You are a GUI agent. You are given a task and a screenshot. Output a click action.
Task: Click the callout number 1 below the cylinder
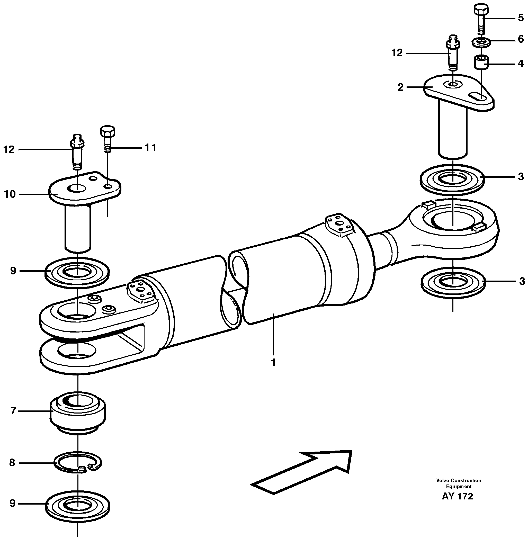[x=273, y=362]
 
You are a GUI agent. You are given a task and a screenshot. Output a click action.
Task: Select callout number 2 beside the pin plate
[x=400, y=87]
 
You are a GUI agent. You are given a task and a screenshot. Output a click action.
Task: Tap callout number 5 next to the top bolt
[x=521, y=18]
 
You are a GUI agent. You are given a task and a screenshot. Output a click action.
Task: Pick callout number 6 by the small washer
[x=521, y=39]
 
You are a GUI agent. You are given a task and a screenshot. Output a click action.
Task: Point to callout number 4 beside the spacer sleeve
[x=521, y=64]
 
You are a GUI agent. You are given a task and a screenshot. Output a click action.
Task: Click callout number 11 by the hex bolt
[x=150, y=148]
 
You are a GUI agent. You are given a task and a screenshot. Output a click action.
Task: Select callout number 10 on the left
[x=10, y=194]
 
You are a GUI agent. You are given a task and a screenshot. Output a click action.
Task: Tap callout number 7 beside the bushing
[x=13, y=410]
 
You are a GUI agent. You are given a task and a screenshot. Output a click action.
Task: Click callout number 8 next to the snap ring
[x=12, y=463]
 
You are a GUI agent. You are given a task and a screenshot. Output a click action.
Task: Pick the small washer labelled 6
[x=481, y=42]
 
